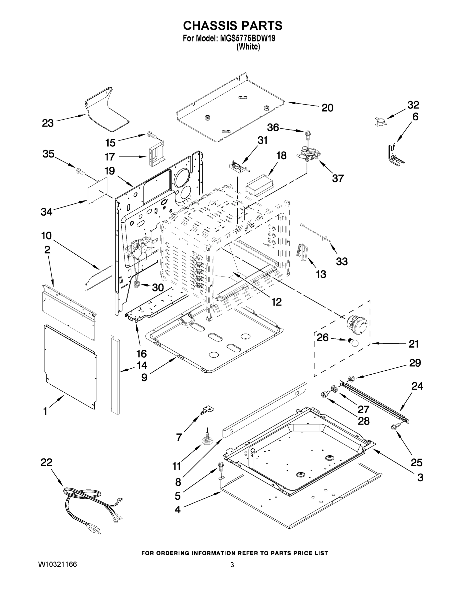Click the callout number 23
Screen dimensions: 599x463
click(47, 123)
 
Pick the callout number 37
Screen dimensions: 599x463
click(338, 178)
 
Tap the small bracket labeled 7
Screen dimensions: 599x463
click(208, 410)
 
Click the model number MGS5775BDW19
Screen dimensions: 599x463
click(247, 38)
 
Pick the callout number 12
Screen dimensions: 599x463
click(277, 302)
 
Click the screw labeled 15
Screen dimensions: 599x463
click(151, 134)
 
